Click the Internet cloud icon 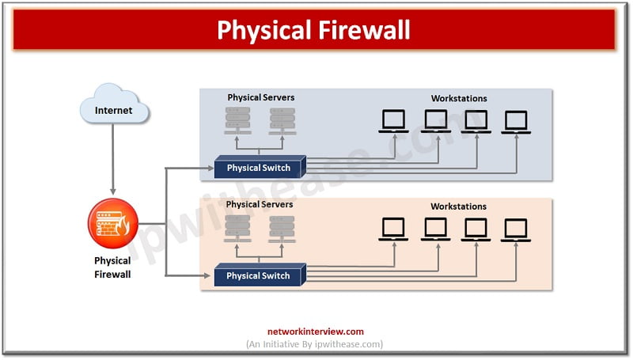click(x=113, y=108)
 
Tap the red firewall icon click(x=113, y=223)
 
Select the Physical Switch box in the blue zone click(x=259, y=168)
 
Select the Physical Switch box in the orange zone click(x=259, y=276)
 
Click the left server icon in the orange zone click(x=237, y=229)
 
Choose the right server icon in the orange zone click(x=281, y=229)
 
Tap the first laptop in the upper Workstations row click(x=393, y=121)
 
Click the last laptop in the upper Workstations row click(x=516, y=121)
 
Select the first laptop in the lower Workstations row click(x=393, y=229)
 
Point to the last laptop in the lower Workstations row click(x=516, y=229)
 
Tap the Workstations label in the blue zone click(x=459, y=98)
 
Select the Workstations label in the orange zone click(x=459, y=207)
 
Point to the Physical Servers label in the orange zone click(x=260, y=204)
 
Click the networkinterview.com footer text click(x=316, y=332)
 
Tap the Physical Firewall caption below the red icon click(x=112, y=267)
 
